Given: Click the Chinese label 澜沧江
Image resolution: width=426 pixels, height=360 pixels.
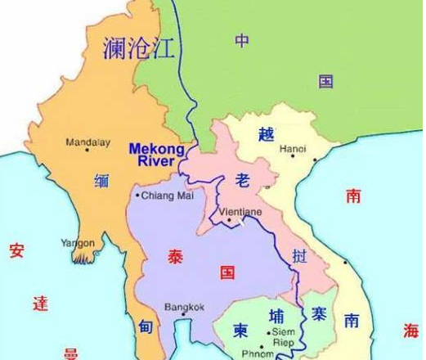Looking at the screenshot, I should pos(139,49).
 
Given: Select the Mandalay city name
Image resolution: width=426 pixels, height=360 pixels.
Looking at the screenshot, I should pos(88,142).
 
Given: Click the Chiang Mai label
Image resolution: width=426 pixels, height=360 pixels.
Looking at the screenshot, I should pos(164,196).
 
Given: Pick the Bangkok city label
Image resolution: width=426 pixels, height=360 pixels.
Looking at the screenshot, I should pos(184,308).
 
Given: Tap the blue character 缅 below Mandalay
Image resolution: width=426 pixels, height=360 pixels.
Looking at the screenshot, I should pos(101,181).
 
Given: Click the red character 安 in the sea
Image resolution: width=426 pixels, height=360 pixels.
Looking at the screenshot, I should pos(17,250).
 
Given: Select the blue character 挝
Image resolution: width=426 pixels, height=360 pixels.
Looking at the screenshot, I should pos(300,256).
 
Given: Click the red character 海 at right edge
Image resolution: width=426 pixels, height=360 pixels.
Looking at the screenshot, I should pos(410,330).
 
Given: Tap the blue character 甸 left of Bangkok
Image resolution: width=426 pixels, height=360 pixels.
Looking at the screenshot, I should pos(145,327).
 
